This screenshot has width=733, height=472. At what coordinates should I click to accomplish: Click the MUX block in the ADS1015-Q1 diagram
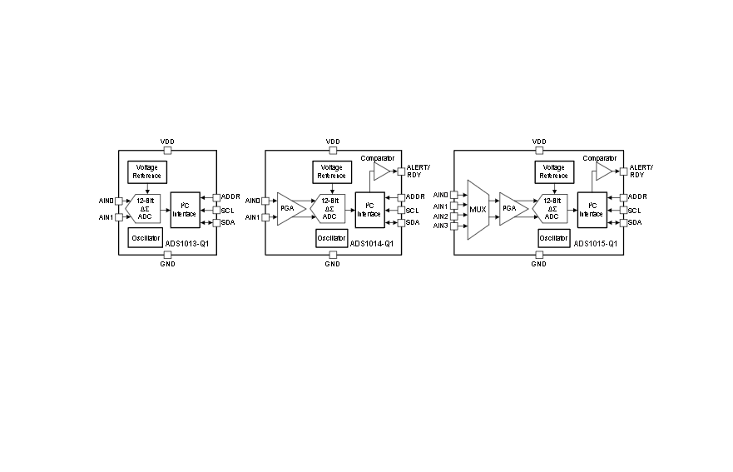[478, 210]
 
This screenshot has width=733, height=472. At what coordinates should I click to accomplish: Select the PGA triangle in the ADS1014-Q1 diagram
[290, 209]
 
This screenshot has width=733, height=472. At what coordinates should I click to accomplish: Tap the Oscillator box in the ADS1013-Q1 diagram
[146, 238]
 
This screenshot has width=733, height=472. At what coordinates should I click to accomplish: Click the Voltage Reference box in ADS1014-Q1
[332, 171]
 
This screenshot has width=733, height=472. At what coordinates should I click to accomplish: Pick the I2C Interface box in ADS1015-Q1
[592, 210]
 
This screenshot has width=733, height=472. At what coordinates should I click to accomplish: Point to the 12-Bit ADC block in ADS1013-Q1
[144, 209]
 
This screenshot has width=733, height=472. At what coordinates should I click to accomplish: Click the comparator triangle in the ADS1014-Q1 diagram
[381, 171]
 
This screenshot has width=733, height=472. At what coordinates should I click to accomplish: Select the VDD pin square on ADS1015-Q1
[539, 150]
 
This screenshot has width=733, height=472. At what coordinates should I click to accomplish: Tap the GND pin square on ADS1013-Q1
[167, 255]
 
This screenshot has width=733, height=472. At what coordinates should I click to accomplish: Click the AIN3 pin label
[440, 226]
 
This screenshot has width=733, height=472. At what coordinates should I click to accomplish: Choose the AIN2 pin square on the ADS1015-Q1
[454, 216]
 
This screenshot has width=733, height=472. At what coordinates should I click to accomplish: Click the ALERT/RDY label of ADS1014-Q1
[418, 171]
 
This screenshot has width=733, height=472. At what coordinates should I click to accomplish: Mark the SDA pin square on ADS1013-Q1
[216, 222]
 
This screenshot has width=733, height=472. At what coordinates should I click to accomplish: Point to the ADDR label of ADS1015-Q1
[637, 196]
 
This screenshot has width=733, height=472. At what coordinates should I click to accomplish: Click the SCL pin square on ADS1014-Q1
[401, 211]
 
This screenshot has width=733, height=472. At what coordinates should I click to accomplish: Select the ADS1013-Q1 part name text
[187, 244]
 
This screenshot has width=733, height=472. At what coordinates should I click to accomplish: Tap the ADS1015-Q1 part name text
[595, 244]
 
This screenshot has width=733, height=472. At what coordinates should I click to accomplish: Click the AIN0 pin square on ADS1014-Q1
[265, 201]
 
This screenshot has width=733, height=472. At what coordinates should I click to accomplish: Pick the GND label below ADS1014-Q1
[332, 264]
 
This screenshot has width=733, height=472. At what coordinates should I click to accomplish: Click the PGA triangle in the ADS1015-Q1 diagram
[512, 209]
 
